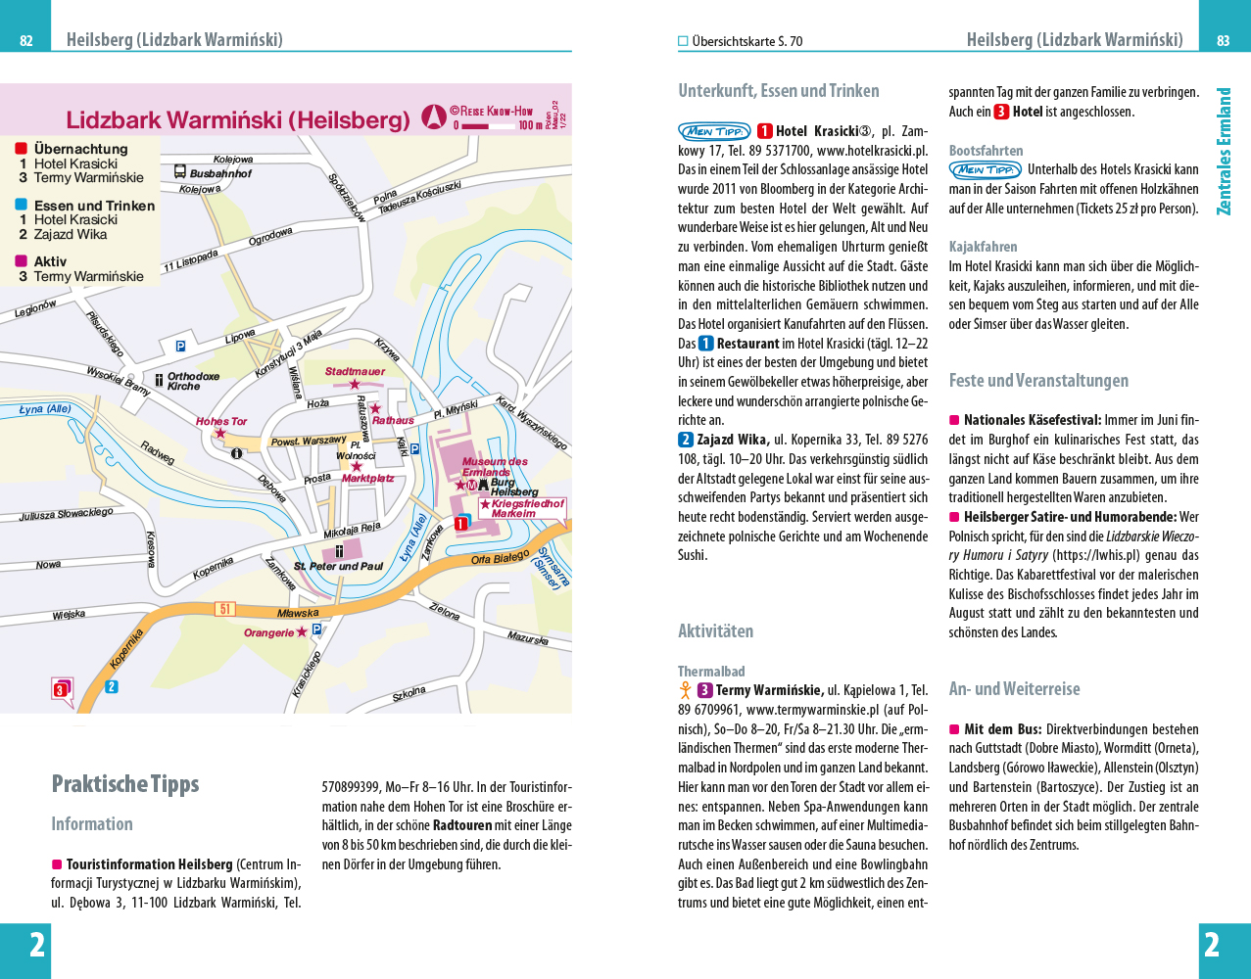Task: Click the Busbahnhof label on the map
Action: [x=220, y=173]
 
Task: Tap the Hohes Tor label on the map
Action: [x=221, y=422]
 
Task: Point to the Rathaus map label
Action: [x=393, y=420]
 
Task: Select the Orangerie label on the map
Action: [x=269, y=633]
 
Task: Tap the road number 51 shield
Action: [x=226, y=609]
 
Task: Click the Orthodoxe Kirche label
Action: [x=193, y=381]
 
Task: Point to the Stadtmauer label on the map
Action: [x=355, y=372]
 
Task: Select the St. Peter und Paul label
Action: [x=339, y=566]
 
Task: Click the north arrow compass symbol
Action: [x=434, y=118]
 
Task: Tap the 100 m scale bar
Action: [x=489, y=125]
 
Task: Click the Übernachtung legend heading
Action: [x=80, y=149]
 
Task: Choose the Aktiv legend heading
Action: [x=50, y=261]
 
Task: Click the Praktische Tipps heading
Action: [x=125, y=784]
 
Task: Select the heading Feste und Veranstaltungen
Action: [x=1038, y=381]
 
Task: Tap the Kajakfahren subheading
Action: [x=983, y=247]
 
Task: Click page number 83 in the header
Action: [x=1223, y=41]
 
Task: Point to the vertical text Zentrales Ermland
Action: [x=1224, y=152]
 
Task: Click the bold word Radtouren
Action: [x=462, y=825]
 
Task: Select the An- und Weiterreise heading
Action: [x=1014, y=689]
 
